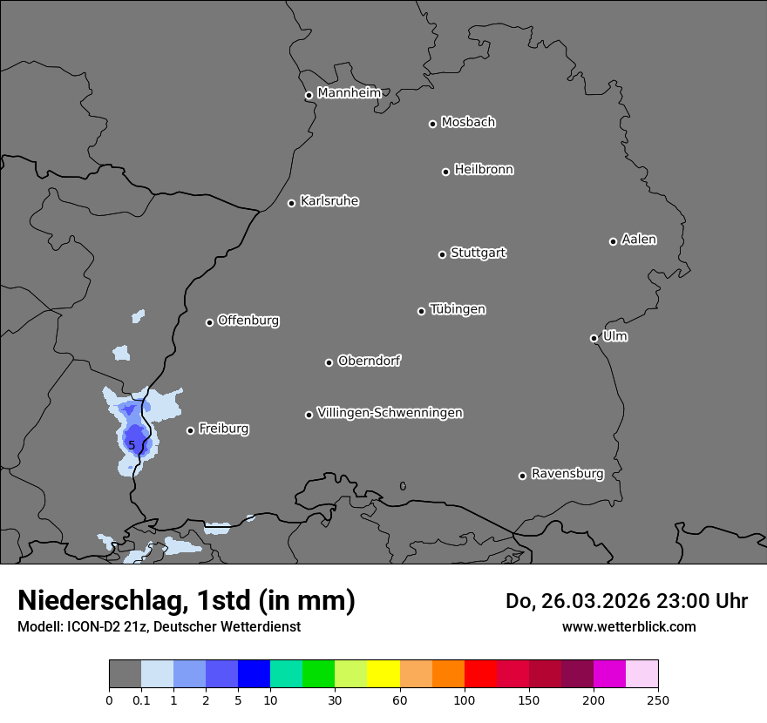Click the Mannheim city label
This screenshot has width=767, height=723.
click(x=349, y=93)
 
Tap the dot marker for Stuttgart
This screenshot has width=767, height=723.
click(x=442, y=254)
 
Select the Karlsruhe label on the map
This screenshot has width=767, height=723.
click(x=329, y=201)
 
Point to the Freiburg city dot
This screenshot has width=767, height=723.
click(x=190, y=430)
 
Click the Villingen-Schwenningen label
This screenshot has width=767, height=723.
click(x=390, y=413)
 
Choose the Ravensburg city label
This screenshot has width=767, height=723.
click(x=567, y=474)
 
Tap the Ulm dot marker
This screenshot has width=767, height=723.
click(x=594, y=338)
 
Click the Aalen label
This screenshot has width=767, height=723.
click(x=638, y=240)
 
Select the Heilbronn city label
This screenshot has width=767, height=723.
click(x=483, y=170)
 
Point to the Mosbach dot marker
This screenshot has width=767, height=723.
click(x=432, y=124)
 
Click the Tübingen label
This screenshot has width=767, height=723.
click(x=457, y=309)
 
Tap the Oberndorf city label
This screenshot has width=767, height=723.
click(x=369, y=361)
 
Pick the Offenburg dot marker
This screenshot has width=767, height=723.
click(x=209, y=322)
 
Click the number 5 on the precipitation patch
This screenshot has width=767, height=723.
click(x=132, y=445)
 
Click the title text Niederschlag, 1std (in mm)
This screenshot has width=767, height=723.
click(x=186, y=600)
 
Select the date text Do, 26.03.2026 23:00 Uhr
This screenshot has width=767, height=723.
click(x=626, y=601)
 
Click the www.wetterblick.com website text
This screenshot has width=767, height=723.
click(x=628, y=626)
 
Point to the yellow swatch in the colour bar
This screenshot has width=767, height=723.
click(x=383, y=674)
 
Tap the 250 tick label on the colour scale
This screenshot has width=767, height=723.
click(x=658, y=699)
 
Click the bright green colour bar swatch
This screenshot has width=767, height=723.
click(x=318, y=674)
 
